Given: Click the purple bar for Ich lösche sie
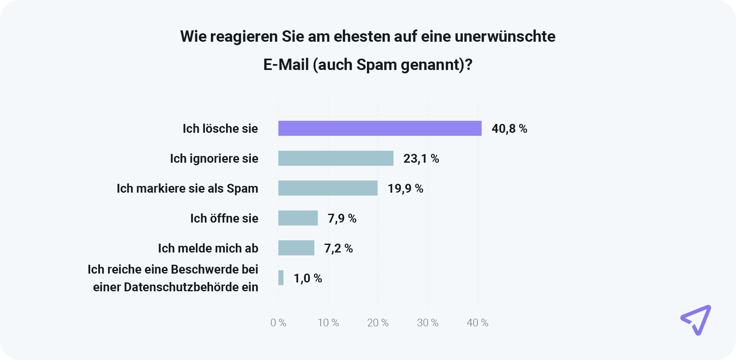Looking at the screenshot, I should click(380, 128).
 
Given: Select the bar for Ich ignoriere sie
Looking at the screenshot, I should click(336, 158).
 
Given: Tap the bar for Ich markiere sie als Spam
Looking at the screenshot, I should click(328, 188).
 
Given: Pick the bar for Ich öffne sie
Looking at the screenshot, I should click(298, 218).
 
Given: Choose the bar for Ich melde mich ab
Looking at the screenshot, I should click(296, 248).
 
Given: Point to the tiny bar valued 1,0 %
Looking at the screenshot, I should click(281, 278).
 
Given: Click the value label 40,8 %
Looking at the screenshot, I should click(509, 129).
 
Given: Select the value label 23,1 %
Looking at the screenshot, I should click(421, 159).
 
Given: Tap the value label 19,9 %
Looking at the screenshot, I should click(405, 188).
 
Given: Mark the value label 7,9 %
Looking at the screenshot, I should click(342, 218).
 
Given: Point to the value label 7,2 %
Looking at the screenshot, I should click(338, 248).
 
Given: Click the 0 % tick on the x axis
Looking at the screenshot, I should click(278, 323).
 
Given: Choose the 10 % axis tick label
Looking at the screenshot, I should click(328, 323).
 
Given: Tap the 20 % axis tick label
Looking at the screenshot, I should click(378, 323).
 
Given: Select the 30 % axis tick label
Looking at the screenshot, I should click(428, 323).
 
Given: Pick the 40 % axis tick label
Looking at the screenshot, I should click(477, 323).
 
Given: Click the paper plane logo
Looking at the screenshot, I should click(696, 320).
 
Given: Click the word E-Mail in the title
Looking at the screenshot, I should click(286, 65).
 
